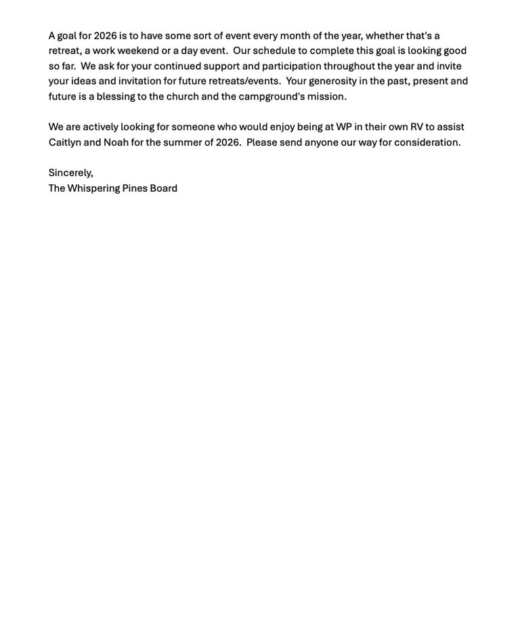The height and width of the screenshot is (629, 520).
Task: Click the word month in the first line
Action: click(x=295, y=35)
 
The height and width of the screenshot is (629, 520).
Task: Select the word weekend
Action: click(x=137, y=51)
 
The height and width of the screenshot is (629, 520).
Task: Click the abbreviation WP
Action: click(x=344, y=127)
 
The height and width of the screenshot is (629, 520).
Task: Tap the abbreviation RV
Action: click(x=416, y=127)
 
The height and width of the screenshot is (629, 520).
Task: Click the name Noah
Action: click(x=116, y=142)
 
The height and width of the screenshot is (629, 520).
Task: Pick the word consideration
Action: click(x=427, y=142)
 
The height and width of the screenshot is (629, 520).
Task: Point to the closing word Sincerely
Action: click(x=70, y=173)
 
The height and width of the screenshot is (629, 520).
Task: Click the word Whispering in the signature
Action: click(x=93, y=188)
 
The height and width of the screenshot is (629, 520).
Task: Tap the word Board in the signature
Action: click(x=163, y=188)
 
